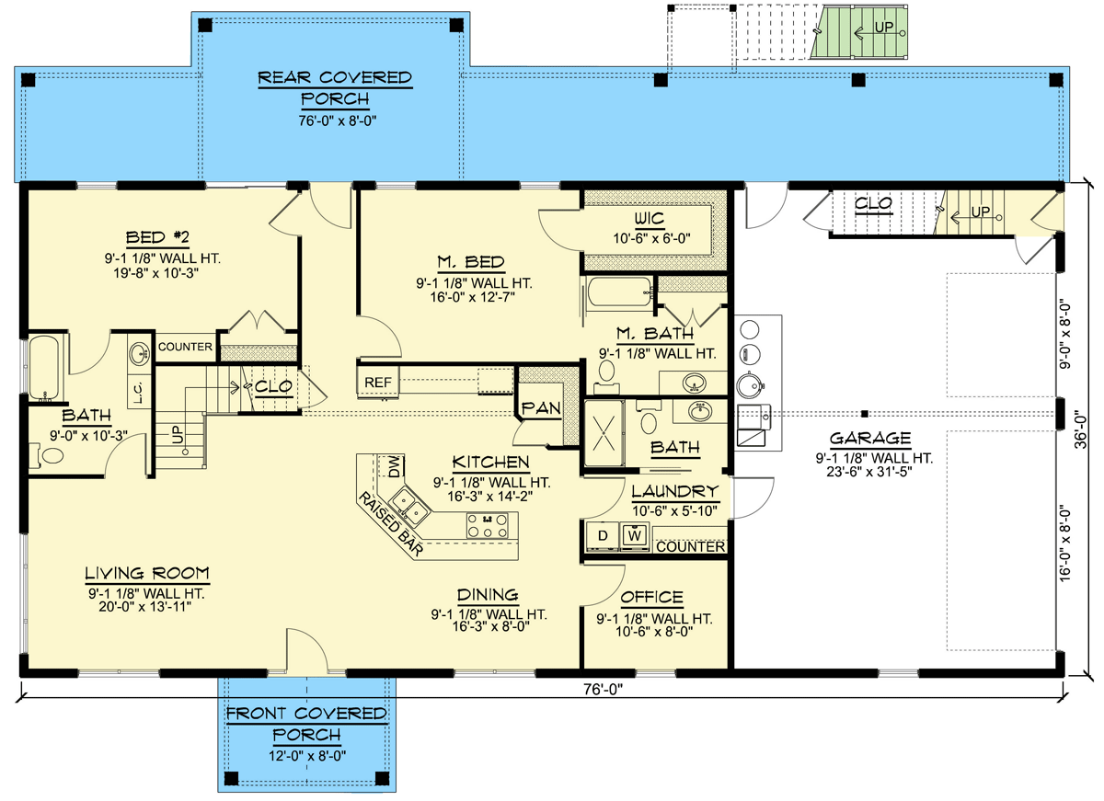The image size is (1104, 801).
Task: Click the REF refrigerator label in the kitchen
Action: [377, 383]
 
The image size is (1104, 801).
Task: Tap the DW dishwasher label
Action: [395, 466]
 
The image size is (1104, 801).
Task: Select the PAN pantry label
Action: [541, 408]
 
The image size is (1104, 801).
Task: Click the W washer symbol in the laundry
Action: [635, 535]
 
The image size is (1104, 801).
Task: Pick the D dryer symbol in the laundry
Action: [603, 535]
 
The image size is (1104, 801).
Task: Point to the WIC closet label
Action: [650, 218]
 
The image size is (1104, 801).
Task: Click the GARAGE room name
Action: [870, 438]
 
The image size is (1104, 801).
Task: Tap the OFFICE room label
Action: [651, 597]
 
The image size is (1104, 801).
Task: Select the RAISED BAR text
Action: [390, 524]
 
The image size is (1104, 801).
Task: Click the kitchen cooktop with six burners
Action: [487, 525]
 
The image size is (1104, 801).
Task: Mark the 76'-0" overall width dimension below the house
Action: [603, 690]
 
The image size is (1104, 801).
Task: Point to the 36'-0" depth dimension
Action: [1080, 429]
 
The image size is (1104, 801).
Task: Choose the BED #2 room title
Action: [157, 237]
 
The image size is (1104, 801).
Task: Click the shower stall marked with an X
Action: [604, 433]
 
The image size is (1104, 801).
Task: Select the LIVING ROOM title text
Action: [147, 573]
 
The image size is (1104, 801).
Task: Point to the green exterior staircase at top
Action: [859, 32]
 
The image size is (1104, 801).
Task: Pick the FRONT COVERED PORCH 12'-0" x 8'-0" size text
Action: [307, 755]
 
